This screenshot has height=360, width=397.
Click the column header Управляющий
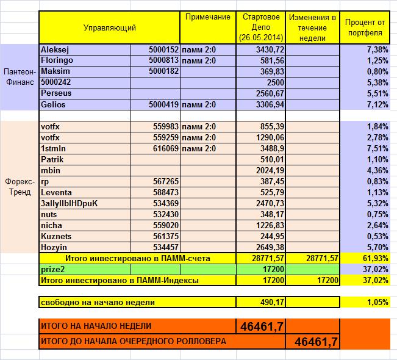pos(109,27)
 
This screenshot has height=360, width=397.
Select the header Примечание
pos(207,16)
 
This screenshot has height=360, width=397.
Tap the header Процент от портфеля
pos(364,27)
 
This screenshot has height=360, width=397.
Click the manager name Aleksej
pos(55,49)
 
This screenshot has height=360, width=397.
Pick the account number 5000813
pos(163,60)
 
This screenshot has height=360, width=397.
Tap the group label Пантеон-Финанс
pos(19,76)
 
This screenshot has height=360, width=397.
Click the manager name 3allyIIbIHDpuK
pos(68,203)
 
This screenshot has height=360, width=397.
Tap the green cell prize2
pos(53,269)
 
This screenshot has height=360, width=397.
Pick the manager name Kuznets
pos(57,236)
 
